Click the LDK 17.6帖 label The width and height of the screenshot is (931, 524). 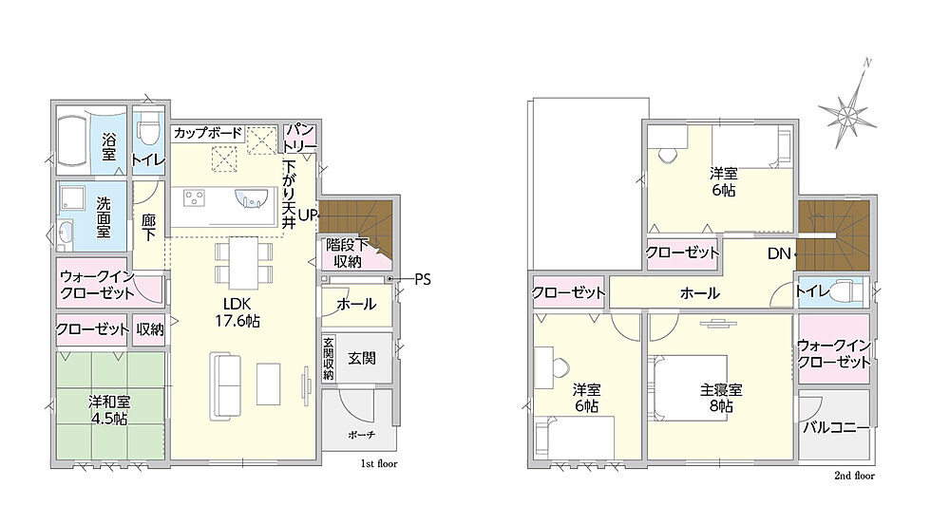click(x=237, y=312)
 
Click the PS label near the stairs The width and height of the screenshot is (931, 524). click(x=422, y=279)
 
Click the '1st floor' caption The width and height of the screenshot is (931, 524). click(x=379, y=463)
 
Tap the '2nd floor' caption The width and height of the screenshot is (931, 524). click(x=854, y=476)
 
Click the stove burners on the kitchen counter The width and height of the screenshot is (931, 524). click(x=194, y=197)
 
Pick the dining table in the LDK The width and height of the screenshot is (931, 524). click(x=243, y=263)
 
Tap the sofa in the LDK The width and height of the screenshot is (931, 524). click(x=225, y=386)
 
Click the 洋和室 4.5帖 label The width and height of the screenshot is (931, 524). click(x=109, y=410)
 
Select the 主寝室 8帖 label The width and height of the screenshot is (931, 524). click(x=721, y=398)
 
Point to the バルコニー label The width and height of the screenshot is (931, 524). click(x=836, y=427)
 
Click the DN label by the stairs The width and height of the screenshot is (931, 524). click(x=779, y=254)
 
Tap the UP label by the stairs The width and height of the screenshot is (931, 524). click(x=306, y=215)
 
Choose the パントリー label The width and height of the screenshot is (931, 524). click(x=300, y=137)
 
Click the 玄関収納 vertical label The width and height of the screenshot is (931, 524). click(x=329, y=359)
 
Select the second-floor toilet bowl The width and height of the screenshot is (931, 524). click(x=844, y=292)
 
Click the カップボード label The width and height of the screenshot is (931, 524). click(x=208, y=133)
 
